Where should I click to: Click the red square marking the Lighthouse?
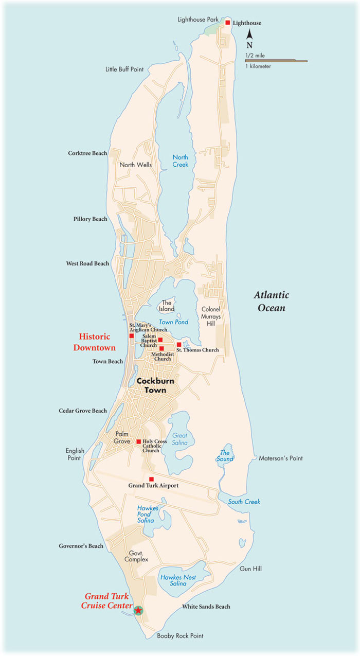227,23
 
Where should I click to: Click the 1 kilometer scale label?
258,66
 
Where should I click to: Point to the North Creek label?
181,161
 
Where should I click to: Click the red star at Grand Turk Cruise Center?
138,610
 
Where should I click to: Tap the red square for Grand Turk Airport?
151,479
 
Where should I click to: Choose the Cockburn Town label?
152,386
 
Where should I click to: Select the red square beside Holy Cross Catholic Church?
138,441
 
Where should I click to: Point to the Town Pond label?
173,322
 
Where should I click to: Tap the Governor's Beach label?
81,546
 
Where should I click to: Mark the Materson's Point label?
281,458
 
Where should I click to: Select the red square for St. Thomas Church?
179,344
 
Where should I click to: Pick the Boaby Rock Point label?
180,636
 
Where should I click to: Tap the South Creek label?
244,502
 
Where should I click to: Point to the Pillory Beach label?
90,219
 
